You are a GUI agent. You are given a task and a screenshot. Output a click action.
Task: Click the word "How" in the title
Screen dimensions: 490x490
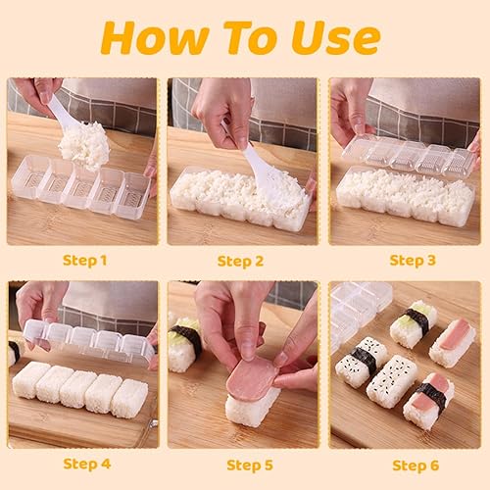tap(155, 37)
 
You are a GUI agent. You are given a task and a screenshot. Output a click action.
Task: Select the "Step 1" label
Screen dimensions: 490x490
tap(84, 261)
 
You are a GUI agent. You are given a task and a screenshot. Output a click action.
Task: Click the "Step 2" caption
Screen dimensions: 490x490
tap(240, 262)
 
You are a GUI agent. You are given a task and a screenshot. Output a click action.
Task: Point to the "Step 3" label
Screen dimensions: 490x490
tap(413, 261)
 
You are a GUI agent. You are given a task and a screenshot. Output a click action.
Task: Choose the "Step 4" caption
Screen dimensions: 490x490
tap(87, 464)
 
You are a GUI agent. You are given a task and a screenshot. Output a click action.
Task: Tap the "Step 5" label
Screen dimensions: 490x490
tap(250, 465)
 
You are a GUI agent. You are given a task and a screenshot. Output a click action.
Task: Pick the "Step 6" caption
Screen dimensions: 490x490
tap(416, 465)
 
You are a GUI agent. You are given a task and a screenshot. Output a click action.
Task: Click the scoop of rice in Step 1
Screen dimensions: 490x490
tap(84, 145)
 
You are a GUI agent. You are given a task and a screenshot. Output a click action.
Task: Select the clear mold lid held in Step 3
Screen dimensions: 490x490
tap(409, 157)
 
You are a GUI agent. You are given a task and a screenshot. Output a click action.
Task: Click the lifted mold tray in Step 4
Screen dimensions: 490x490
tap(89, 341)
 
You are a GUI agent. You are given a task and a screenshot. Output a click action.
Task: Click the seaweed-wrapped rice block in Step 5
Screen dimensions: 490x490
tap(185, 343)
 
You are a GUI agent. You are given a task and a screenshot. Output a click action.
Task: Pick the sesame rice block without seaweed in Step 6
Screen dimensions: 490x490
tap(392, 381)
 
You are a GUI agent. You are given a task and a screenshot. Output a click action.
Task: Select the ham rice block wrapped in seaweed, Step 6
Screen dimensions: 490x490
tap(428, 401)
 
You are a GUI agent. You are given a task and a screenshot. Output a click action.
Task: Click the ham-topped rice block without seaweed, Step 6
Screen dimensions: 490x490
tap(452, 343)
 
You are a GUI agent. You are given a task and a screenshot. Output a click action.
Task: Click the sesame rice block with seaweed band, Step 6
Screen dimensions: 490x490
tap(362, 362)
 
